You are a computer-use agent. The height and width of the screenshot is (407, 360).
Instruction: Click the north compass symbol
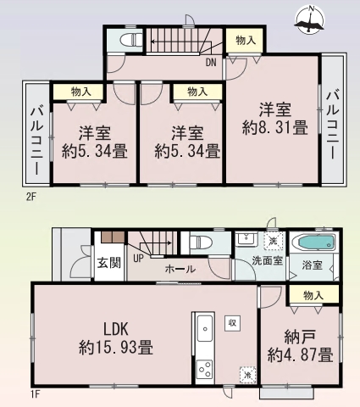(311, 20)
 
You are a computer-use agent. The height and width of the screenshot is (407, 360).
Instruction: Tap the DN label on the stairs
(210, 61)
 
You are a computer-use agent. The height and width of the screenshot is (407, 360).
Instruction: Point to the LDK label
(116, 327)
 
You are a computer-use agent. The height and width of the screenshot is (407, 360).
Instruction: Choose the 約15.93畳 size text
(116, 347)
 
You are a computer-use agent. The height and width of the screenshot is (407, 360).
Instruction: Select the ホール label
(180, 269)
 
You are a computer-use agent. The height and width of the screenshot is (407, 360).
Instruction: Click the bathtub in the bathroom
(313, 243)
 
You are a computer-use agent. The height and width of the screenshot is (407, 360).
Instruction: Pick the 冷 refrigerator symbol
(246, 372)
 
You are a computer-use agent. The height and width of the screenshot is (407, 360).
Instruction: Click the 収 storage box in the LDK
(231, 323)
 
